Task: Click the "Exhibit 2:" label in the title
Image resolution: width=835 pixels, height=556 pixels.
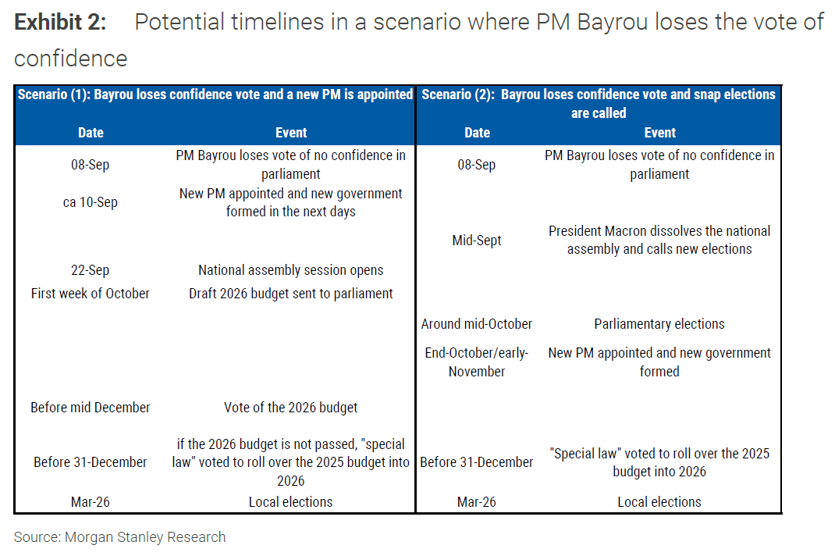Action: (60, 23)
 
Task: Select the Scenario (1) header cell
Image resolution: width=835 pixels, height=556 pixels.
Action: (215, 94)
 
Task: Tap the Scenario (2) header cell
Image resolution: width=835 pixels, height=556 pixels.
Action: (599, 103)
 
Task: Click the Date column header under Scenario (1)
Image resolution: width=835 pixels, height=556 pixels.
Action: (91, 133)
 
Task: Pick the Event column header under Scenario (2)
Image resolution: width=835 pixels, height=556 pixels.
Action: (659, 133)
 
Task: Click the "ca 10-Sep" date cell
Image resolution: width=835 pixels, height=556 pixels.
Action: (91, 202)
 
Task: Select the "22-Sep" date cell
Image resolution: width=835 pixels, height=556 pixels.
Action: (91, 270)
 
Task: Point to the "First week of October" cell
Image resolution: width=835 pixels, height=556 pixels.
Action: (91, 294)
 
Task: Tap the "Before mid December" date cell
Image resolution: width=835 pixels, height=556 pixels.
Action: (91, 407)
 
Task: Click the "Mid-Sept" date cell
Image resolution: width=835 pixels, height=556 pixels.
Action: (477, 241)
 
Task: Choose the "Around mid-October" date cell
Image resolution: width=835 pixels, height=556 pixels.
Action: (477, 324)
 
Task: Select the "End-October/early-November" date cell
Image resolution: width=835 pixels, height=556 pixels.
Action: (477, 362)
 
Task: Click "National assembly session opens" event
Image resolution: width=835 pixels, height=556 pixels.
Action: (291, 270)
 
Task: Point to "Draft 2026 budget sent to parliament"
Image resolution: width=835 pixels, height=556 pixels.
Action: (291, 294)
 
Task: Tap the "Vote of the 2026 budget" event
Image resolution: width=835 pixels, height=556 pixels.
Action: (291, 407)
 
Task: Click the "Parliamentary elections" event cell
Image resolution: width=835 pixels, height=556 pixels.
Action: (659, 324)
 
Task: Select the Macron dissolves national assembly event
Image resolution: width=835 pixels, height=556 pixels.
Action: (659, 241)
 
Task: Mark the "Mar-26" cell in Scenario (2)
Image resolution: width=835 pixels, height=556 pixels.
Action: (477, 502)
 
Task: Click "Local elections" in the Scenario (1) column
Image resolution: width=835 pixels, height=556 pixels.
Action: (291, 502)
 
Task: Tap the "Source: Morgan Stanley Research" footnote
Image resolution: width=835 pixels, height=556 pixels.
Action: (120, 537)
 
